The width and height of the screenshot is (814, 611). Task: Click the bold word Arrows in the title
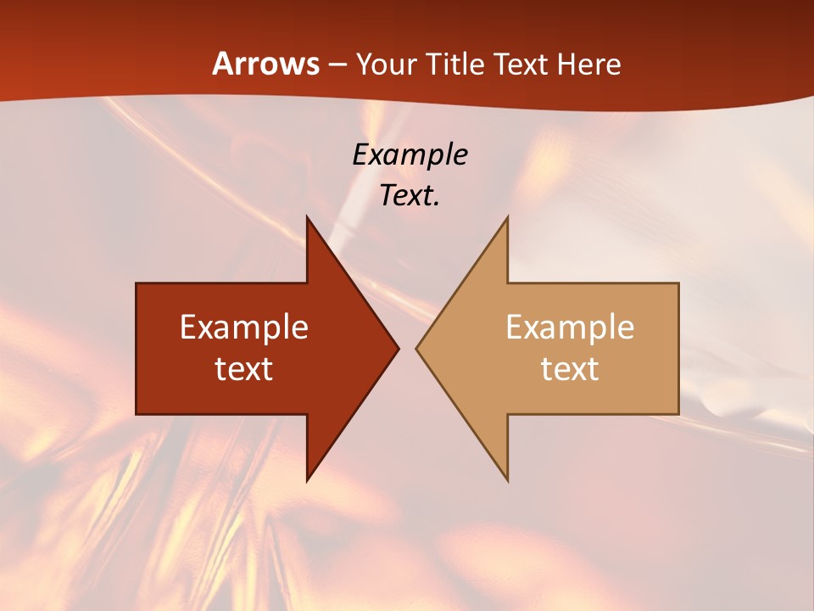coord(265,64)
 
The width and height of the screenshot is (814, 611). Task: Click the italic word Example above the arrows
coord(410,154)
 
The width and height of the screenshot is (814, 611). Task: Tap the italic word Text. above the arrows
coord(410,195)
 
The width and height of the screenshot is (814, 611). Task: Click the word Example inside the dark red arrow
coord(244,327)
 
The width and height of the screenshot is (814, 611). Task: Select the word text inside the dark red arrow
coord(244,368)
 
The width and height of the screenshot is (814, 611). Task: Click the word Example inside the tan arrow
coord(570,327)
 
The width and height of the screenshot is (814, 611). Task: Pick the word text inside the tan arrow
coord(570,368)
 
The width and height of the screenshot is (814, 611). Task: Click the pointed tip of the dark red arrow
coord(398,348)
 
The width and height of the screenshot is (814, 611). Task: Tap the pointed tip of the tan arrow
coord(417,348)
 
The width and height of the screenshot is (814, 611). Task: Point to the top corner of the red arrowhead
coord(307,217)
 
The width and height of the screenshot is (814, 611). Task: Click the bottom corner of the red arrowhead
coord(307,479)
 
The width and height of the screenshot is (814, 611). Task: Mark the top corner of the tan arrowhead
coord(507,217)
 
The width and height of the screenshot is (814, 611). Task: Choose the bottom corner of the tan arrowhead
coord(507,479)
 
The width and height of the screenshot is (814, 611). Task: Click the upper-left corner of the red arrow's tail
coord(137,283)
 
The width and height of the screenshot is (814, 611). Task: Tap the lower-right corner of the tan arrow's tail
coord(678,413)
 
